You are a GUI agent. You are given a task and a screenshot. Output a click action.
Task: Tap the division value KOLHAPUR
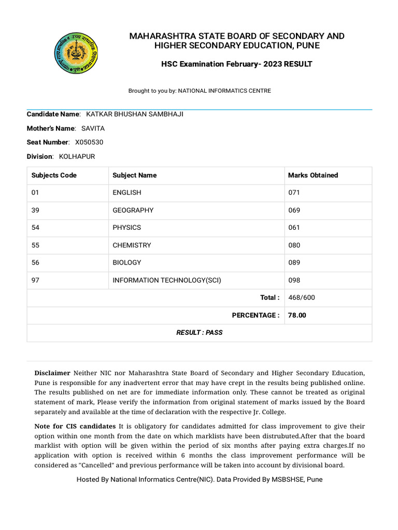[77, 156]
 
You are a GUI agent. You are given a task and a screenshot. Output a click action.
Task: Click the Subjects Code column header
[54, 175]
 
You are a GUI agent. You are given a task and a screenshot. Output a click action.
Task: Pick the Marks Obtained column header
[313, 175]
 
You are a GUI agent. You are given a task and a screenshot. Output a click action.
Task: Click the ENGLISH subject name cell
[127, 193]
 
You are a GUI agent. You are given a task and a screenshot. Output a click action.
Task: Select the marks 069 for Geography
[294, 210]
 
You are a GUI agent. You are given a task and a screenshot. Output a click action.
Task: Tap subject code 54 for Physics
[35, 228]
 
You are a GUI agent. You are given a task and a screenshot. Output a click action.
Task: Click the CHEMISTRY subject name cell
[132, 245]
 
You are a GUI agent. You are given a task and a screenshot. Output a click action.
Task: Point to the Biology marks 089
[294, 263]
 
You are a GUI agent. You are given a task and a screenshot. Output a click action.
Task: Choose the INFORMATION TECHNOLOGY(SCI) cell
[167, 281]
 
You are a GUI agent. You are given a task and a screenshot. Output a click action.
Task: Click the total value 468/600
[301, 298]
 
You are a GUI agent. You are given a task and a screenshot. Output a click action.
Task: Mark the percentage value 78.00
[297, 315]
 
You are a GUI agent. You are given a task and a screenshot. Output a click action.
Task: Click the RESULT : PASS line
[199, 333]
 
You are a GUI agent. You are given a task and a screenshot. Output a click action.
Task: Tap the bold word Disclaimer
[52, 373]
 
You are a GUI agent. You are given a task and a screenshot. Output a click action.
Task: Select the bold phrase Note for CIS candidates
[75, 426]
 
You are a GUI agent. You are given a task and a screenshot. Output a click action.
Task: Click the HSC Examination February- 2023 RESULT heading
[237, 64]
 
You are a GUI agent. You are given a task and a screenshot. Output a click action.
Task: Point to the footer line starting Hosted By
[199, 480]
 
